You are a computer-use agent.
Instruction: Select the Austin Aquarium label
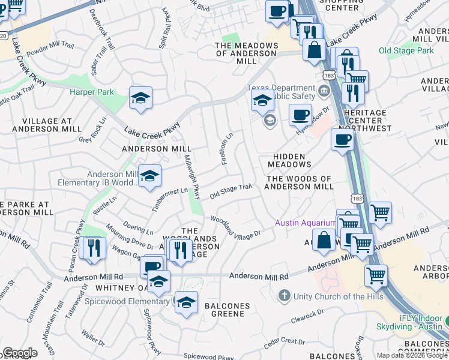click(306, 223)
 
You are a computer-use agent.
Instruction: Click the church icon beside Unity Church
click(285, 296)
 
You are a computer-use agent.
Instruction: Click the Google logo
click(20, 353)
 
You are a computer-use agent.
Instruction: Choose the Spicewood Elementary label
click(133, 301)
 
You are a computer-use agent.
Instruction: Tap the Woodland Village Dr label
click(235, 227)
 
